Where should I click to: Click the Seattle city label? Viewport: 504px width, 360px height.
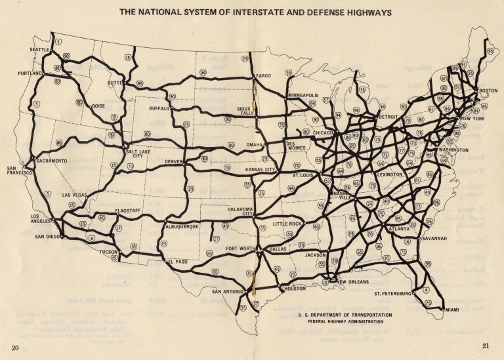pyautogui.click(x=41, y=50)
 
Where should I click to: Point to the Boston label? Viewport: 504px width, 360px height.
pyautogui.click(x=488, y=90)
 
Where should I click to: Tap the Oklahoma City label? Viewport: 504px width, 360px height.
pyautogui.click(x=240, y=212)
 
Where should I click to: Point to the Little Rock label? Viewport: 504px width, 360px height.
pyautogui.click(x=287, y=224)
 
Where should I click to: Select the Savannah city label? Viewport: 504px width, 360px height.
pyautogui.click(x=434, y=239)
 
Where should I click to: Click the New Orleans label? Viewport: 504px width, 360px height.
pyautogui.click(x=361, y=281)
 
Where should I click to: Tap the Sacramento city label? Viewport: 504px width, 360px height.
pyautogui.click(x=52, y=161)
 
